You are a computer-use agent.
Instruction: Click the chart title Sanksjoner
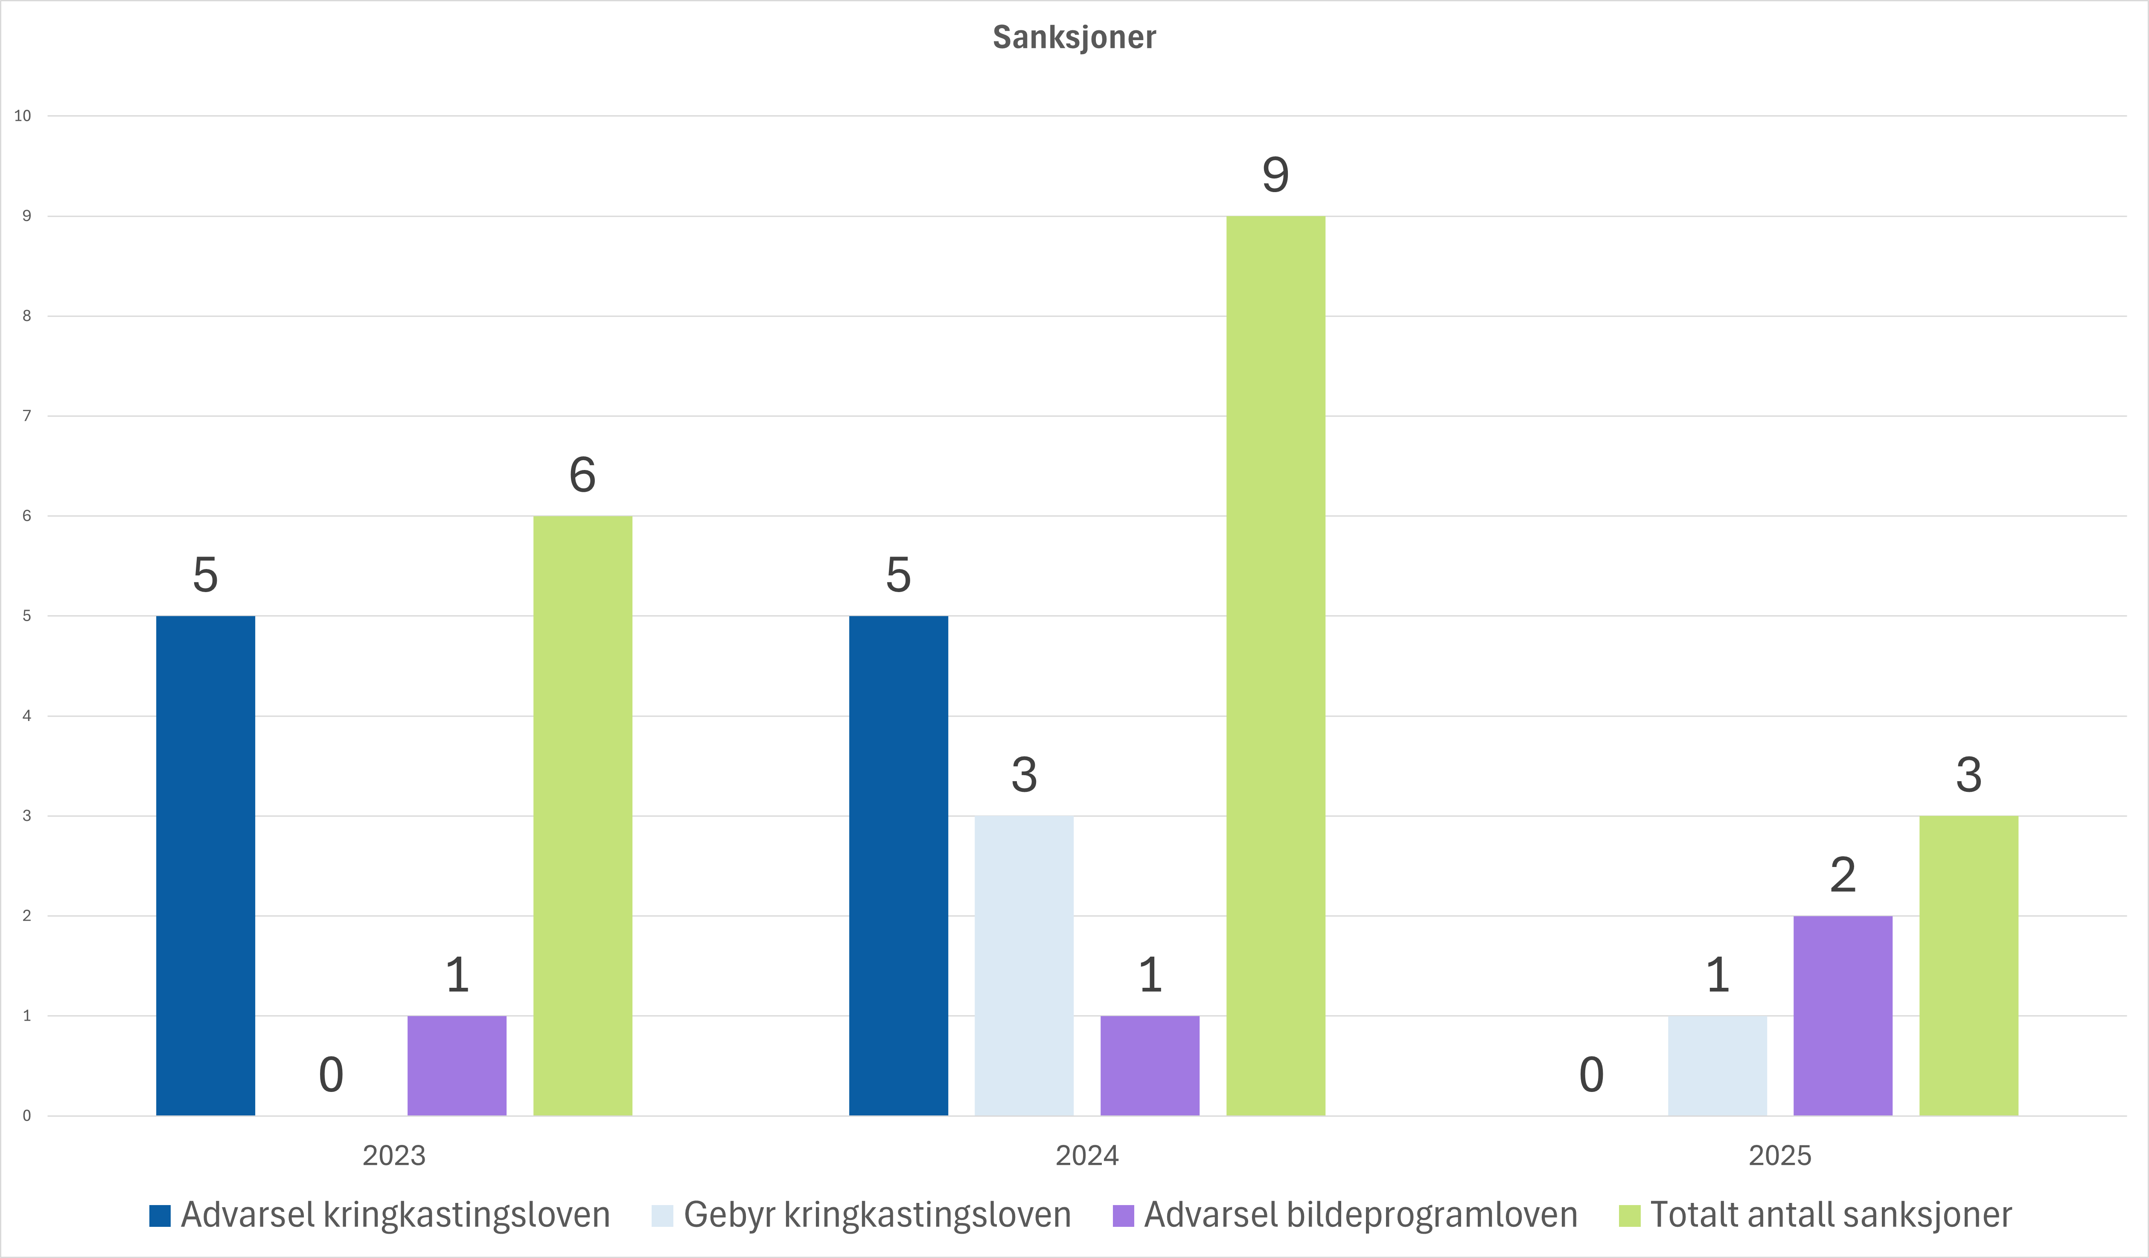point(1074,38)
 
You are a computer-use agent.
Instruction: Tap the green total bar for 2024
point(1276,665)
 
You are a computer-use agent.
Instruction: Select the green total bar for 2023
point(582,815)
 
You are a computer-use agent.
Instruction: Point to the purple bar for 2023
point(457,1065)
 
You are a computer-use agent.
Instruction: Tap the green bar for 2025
point(1968,966)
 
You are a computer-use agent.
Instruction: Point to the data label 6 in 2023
point(582,475)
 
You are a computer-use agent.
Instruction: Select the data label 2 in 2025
point(1843,875)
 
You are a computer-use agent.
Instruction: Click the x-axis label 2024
point(1086,1156)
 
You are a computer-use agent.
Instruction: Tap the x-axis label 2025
point(1780,1156)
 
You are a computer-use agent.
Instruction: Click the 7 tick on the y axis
point(26,416)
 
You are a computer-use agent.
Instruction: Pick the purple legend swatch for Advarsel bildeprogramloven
point(1123,1215)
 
